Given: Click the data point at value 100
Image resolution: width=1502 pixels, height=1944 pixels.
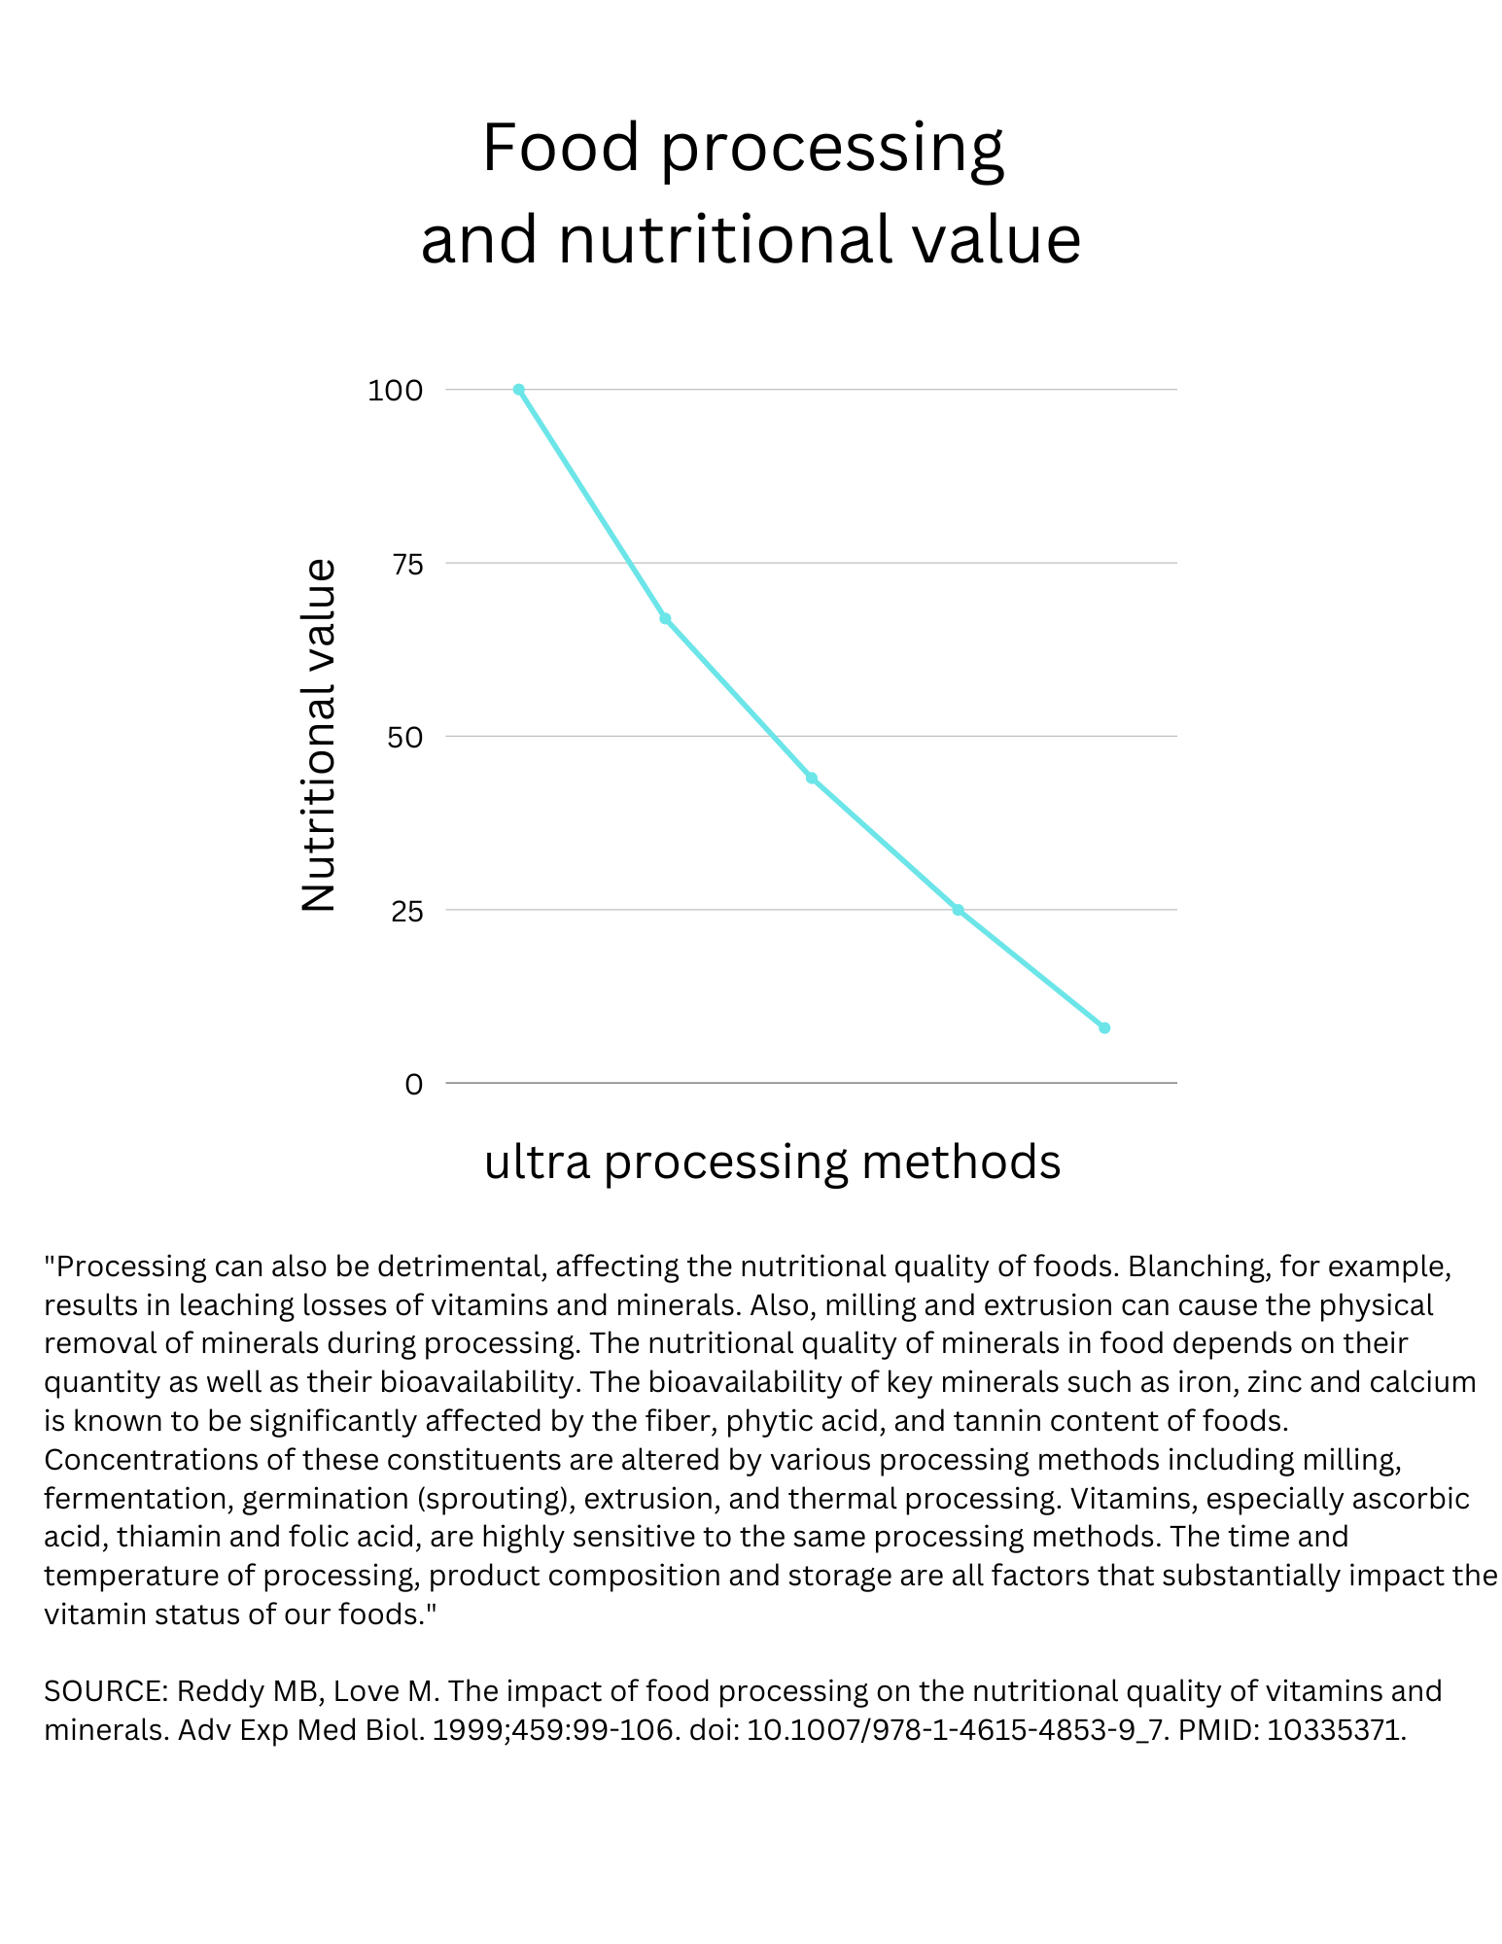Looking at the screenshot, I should coord(518,390).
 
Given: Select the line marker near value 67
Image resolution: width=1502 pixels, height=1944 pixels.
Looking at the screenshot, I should coord(665,618).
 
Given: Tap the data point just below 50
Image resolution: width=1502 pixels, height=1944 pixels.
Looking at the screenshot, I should coord(812,778).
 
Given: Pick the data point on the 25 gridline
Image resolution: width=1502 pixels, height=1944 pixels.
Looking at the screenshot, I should coord(958,910).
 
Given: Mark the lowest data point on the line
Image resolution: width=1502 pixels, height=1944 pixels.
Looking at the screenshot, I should coord(1104,1027).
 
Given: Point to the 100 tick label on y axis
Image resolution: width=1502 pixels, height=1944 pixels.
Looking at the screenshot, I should coord(395,391).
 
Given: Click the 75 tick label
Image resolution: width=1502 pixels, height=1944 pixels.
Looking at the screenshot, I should coord(407,564).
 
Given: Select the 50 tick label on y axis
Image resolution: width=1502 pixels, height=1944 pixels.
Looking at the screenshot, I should coord(405,737).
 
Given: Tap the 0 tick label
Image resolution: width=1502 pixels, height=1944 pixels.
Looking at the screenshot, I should coord(414,1084).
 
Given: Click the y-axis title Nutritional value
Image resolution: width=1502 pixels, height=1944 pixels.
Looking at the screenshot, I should coord(319,735).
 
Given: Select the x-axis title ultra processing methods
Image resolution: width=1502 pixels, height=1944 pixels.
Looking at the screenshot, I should coord(772,1162).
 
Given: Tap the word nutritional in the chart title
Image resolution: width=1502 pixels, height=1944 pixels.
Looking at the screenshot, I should coord(724,240).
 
